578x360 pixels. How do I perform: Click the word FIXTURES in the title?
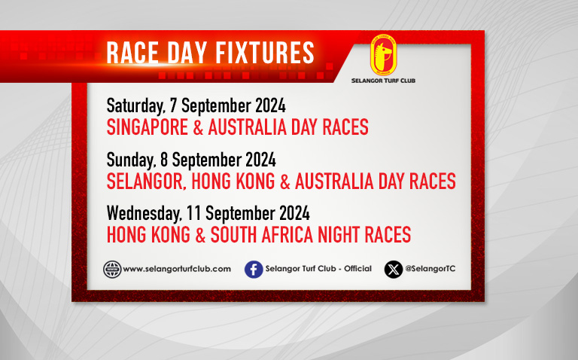coord(265,53)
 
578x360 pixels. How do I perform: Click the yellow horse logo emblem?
coord(383,55)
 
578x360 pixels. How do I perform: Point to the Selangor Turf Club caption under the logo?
coord(383,81)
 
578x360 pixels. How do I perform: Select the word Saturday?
coord(135,106)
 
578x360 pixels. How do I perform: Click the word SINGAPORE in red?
coord(148,127)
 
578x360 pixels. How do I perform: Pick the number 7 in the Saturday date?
coord(174,105)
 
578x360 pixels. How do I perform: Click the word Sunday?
coord(131,160)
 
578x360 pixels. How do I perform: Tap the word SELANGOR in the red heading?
coord(146,182)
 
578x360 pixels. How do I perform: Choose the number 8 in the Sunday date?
coord(164,160)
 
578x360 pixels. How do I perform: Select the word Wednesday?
coord(144,214)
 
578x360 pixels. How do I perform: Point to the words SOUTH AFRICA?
coord(262,235)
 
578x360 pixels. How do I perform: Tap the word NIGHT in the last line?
coord(339,235)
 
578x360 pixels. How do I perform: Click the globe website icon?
coord(112,270)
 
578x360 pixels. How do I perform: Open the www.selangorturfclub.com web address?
coord(177,270)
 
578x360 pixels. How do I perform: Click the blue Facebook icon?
coord(254,270)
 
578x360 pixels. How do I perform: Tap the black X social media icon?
coord(394,270)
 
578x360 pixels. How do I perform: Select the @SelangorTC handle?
coord(430,269)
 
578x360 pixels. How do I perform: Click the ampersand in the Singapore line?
coord(199,127)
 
